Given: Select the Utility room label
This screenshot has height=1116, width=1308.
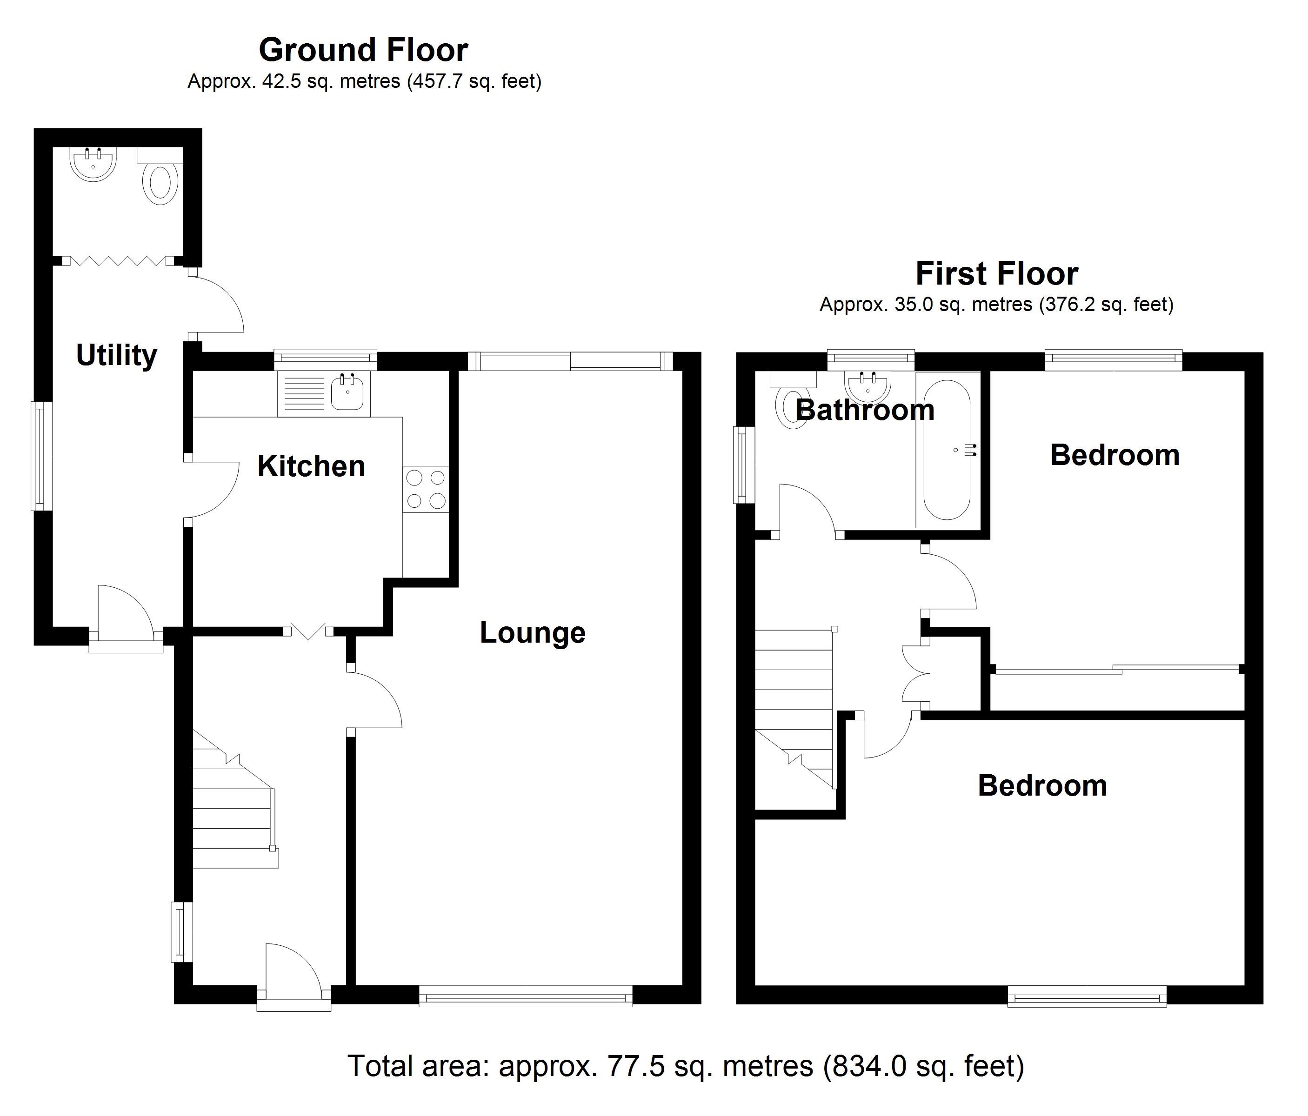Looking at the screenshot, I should tap(116, 355).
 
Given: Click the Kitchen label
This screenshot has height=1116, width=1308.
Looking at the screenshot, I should tap(311, 466).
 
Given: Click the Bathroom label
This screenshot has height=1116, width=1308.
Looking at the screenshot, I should tap(864, 410).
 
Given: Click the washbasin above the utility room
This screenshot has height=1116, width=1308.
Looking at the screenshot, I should tap(93, 164).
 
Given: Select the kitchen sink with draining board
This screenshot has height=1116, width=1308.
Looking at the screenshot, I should tap(324, 394).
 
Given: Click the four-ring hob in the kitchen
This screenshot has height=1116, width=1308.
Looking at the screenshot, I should tap(426, 489).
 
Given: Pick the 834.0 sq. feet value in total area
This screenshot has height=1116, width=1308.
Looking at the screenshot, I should tap(924, 1066).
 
